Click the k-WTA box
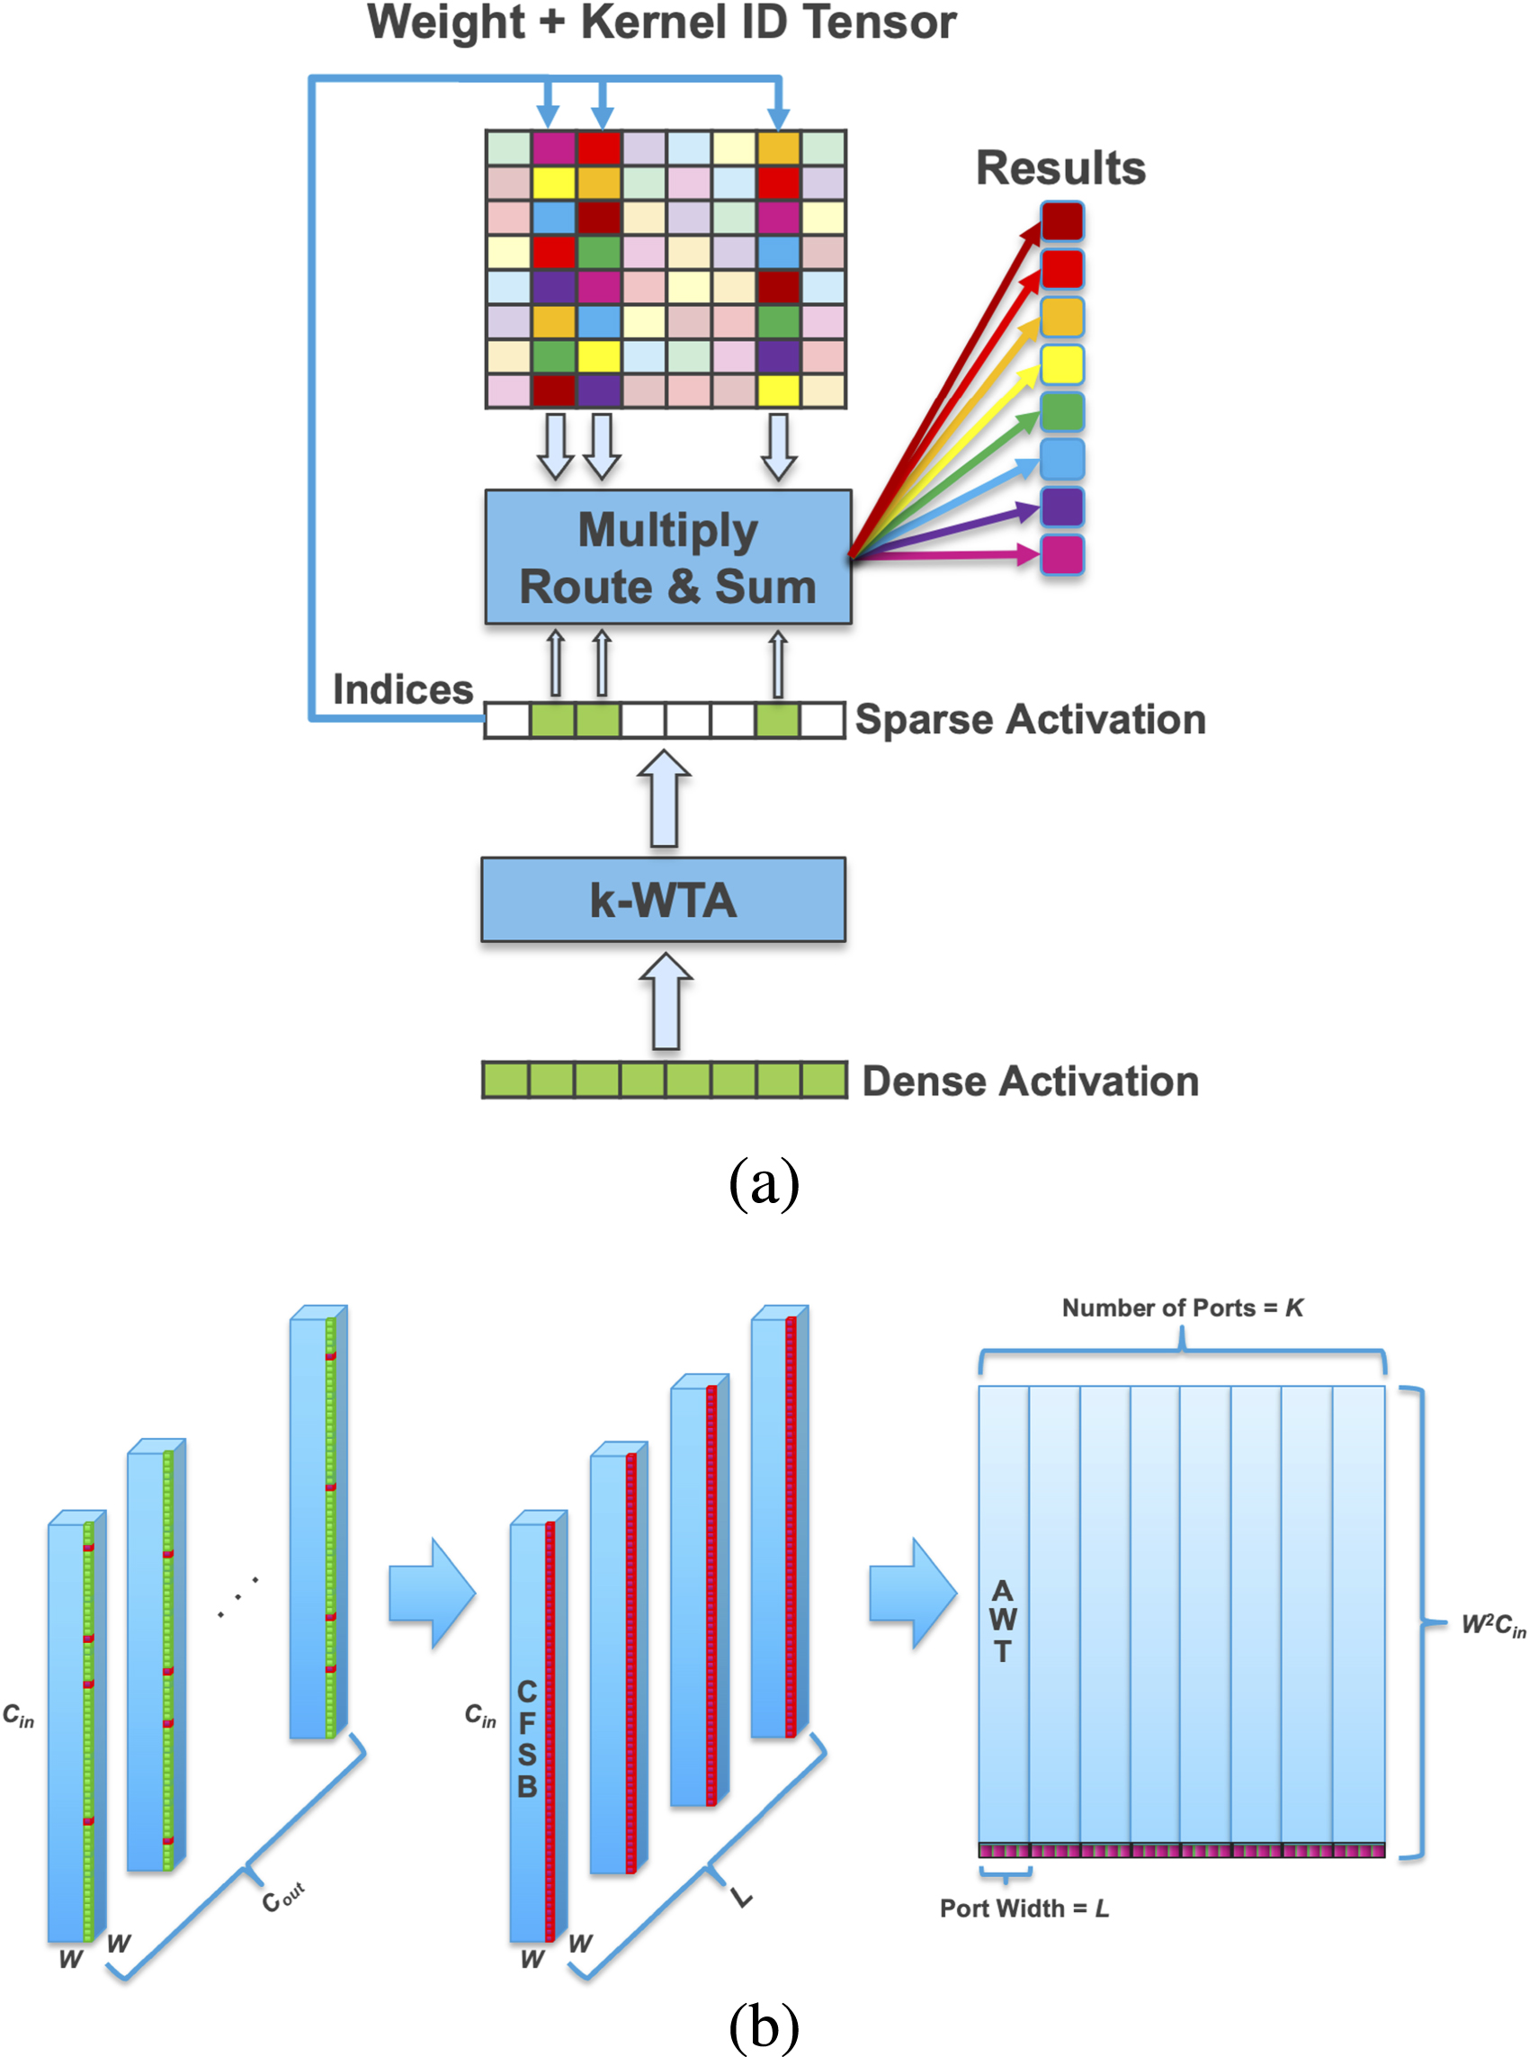[663, 899]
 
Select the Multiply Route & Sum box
[667, 557]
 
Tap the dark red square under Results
[1061, 221]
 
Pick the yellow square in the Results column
[1061, 364]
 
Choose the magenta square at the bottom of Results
[1061, 554]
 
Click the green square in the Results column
[1061, 412]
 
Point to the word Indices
[403, 689]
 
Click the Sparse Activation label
[1029, 719]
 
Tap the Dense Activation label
[1029, 1081]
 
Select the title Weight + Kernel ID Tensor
[662, 22]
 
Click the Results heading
[1060, 168]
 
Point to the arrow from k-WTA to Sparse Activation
[664, 798]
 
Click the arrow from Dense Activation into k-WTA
[666, 1002]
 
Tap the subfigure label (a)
[764, 1183]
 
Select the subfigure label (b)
[764, 2026]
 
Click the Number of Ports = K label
[1182, 1307]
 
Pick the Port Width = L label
[1024, 1908]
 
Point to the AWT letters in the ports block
[1003, 1621]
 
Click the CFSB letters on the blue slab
[527, 1738]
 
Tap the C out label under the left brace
[282, 1899]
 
